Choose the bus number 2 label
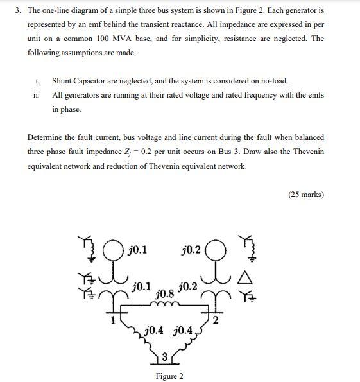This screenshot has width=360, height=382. (216, 320)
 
